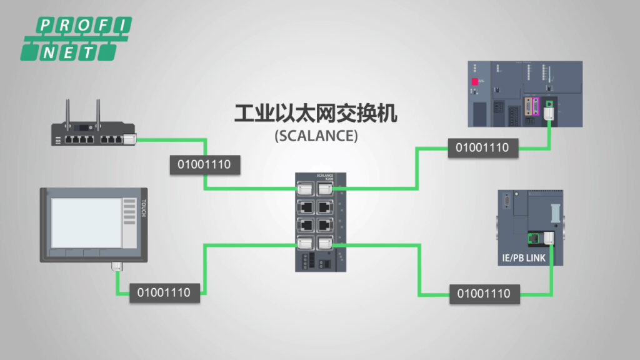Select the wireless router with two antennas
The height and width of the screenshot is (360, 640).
point(94,134)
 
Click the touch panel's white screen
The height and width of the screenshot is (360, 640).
point(86,222)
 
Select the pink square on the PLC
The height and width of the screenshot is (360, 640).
point(474,82)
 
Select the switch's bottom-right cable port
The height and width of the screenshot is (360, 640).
point(324,244)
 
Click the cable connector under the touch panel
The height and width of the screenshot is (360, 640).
point(116,267)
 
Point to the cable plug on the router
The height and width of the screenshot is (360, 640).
point(129,139)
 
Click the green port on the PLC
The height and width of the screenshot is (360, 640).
point(549,104)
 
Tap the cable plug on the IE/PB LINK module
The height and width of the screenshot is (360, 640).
point(549,237)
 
